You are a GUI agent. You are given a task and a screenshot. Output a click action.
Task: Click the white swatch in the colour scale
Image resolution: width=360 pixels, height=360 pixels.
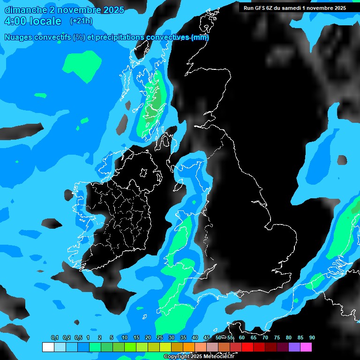click(48, 347)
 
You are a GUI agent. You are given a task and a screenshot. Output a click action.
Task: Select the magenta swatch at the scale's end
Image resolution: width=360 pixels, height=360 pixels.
click(306, 347)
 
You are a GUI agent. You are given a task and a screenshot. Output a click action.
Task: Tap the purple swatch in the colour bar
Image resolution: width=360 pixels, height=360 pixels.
click(294, 347)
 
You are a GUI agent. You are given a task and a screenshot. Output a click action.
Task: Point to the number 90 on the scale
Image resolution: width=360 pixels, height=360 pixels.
click(312, 338)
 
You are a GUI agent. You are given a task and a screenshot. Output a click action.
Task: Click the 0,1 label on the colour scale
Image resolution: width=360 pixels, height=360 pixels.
click(55, 338)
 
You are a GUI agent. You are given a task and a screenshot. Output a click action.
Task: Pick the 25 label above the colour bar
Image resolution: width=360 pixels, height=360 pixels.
click(159, 338)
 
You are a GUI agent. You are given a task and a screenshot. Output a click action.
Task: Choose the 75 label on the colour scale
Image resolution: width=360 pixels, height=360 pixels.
click(277, 338)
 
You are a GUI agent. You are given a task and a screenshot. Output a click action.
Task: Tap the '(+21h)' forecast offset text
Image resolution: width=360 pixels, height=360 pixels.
click(81, 21)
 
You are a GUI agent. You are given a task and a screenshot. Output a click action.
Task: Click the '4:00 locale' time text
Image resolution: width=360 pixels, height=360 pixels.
click(33, 21)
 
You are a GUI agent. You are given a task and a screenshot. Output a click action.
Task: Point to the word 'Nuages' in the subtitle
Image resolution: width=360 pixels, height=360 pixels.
click(18, 37)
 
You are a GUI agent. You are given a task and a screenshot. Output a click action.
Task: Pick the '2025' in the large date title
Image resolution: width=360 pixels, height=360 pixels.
click(111, 10)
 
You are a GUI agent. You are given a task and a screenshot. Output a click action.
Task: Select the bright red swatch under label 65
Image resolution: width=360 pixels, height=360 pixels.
click(247, 347)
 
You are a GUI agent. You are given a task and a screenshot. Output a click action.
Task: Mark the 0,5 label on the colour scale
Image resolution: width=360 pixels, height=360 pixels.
click(78, 338)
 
